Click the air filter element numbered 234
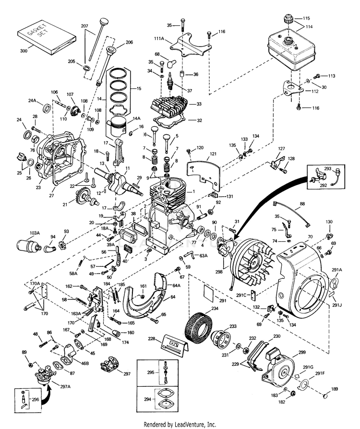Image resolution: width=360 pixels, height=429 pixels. (x=197, y=327)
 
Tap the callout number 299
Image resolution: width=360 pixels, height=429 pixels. (x=301, y=353)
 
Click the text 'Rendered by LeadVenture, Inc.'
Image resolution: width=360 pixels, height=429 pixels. (x=180, y=424)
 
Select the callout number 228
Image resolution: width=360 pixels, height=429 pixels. (x=152, y=339)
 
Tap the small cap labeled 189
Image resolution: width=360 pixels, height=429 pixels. (x=326, y=396)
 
